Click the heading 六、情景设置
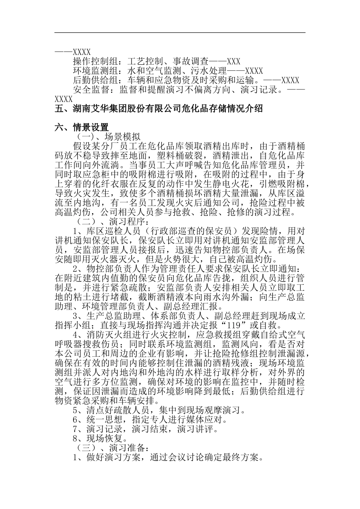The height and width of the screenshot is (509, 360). click(x=82, y=128)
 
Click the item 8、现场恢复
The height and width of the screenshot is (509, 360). click(x=99, y=439)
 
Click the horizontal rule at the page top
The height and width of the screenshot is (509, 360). click(x=180, y=33)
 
